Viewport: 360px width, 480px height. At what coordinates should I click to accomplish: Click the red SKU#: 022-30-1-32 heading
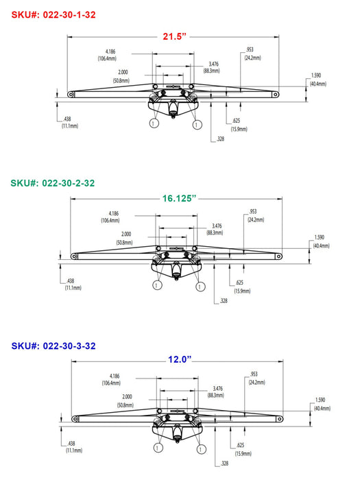pyautogui.click(x=53, y=14)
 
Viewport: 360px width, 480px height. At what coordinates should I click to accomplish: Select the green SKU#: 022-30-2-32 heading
pyautogui.click(x=53, y=183)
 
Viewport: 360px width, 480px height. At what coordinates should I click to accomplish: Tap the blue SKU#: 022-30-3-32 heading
pyautogui.click(x=53, y=346)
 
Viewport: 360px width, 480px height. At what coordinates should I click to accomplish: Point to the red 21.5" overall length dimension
pyautogui.click(x=174, y=36)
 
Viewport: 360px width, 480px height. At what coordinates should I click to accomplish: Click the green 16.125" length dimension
pyautogui.click(x=179, y=198)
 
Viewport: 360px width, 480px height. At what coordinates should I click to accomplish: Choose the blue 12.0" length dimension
pyautogui.click(x=180, y=359)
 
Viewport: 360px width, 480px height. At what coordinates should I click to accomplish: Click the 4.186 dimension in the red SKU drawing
pyautogui.click(x=110, y=51)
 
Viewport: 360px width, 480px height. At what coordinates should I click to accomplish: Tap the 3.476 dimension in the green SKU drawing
pyautogui.click(x=217, y=226)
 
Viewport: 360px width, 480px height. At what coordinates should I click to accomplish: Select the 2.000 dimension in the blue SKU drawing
pyautogui.click(x=127, y=397)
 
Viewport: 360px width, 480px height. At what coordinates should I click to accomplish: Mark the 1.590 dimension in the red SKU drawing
pyautogui.click(x=316, y=75)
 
